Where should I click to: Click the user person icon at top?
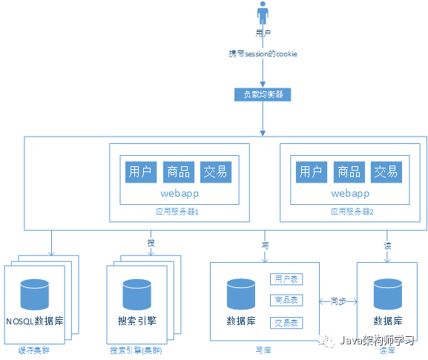[x=262, y=14]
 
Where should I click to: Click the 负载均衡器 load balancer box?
[x=262, y=94]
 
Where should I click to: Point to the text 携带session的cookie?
[x=263, y=55]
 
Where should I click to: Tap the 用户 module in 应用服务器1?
[x=140, y=172]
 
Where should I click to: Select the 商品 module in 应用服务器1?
[x=178, y=172]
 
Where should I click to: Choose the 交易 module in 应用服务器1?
[x=216, y=172]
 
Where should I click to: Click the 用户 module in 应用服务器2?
[x=311, y=172]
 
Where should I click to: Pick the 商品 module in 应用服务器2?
[x=349, y=172]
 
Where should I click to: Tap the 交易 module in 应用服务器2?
[x=386, y=172]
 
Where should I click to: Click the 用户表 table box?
[x=286, y=280]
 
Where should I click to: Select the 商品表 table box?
[x=286, y=301]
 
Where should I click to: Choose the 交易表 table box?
[x=286, y=323]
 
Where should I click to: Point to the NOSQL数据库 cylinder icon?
[x=36, y=295]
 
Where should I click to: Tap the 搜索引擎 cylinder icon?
[x=137, y=295]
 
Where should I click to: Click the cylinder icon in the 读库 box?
[x=388, y=295]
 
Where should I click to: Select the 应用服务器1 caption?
[x=174, y=212]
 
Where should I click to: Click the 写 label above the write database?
[x=264, y=243]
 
